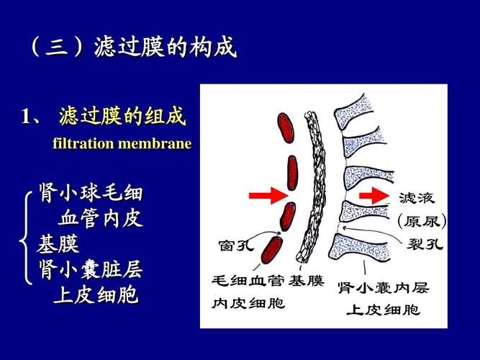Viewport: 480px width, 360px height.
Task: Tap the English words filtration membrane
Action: tap(122, 143)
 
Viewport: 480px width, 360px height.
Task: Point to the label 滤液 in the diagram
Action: tap(416, 197)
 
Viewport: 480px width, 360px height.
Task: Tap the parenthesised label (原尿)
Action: tap(422, 220)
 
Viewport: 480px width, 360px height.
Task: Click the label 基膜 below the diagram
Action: tap(307, 280)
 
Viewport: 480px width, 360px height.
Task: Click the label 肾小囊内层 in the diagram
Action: tap(383, 288)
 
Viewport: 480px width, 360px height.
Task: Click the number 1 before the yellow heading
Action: tap(27, 116)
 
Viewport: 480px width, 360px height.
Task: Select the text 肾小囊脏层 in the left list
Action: tap(90, 270)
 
